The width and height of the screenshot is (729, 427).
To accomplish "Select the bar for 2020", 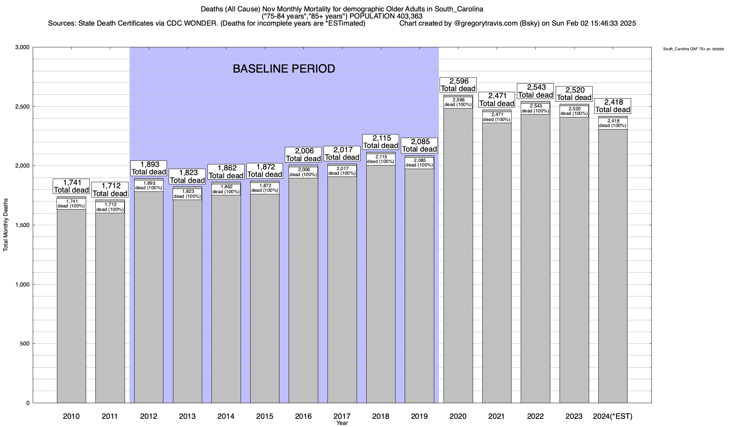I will point(458,256).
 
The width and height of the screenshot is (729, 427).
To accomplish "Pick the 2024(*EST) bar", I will point(613,267).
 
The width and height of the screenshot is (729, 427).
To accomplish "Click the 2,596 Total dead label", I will point(458,85).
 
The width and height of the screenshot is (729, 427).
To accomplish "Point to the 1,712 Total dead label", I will point(110,190).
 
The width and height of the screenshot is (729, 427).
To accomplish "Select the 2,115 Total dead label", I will point(381,142).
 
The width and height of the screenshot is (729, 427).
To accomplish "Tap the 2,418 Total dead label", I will point(613,106).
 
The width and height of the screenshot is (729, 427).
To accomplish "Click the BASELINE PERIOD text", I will point(284,69).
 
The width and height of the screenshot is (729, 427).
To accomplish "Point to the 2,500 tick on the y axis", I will point(23,107).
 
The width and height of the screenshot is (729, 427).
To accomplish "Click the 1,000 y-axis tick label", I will point(23,284).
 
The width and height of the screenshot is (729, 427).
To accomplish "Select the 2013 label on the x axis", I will point(187,416).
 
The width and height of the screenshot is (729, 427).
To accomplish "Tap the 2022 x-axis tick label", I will point(535,416).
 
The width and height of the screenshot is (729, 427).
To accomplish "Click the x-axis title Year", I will point(342,423).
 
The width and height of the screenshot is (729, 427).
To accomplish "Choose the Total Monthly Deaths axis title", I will point(6,225).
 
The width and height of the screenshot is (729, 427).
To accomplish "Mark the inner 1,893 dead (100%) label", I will point(149,186).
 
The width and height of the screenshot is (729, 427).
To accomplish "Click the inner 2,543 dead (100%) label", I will point(535,109).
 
